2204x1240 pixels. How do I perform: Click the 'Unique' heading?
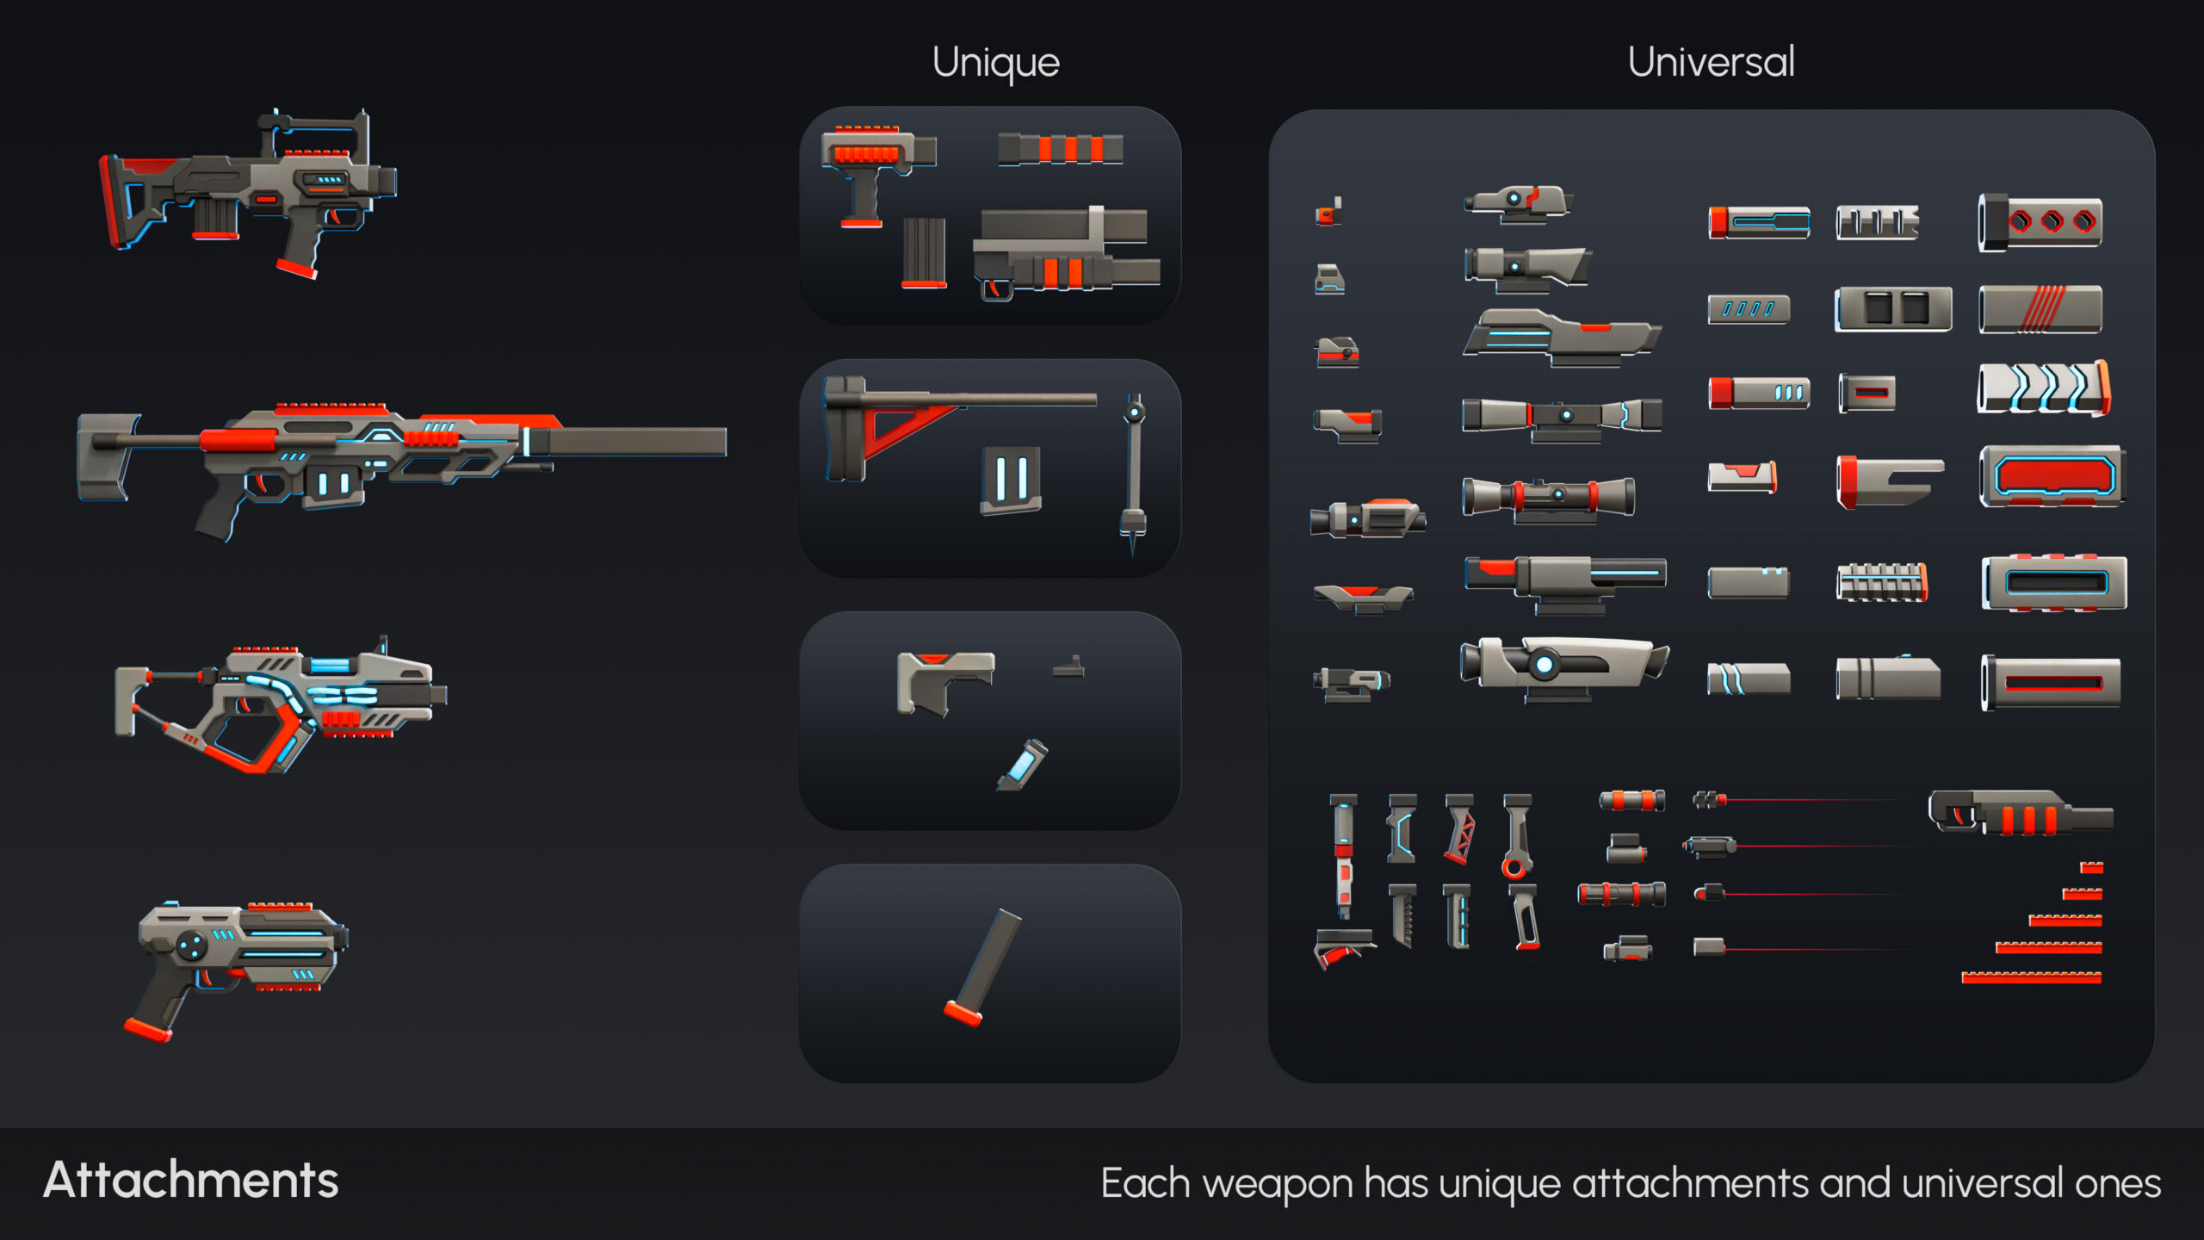click(995, 63)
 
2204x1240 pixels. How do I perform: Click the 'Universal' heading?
click(1711, 62)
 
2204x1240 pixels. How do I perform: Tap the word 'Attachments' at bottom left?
click(191, 1180)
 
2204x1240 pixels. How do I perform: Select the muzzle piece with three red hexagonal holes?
click(2040, 222)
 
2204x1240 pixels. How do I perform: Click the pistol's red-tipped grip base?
click(147, 1029)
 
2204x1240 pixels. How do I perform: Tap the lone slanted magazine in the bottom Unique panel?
click(983, 967)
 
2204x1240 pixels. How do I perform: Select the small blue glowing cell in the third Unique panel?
click(1024, 764)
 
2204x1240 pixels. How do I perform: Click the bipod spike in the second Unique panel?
click(1133, 473)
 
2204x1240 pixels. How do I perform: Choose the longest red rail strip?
click(2031, 977)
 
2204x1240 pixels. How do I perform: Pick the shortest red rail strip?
click(2091, 867)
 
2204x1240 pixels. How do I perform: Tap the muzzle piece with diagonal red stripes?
click(2040, 309)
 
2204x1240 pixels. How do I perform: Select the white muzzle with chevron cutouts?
click(2044, 388)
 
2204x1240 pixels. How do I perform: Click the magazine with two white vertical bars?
click(1011, 480)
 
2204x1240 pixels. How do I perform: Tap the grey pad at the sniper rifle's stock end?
click(106, 456)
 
